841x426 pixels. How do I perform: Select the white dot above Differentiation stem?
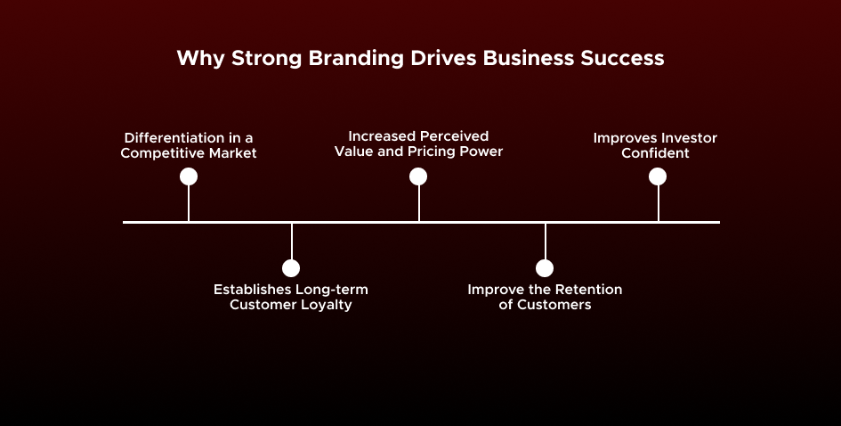click(189, 176)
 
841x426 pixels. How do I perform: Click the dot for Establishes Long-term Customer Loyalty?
click(291, 268)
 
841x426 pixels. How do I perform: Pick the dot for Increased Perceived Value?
click(418, 176)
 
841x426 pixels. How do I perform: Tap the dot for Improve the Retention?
click(545, 268)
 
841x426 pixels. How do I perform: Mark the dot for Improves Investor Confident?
click(658, 176)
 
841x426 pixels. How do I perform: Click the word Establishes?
click(255, 290)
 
